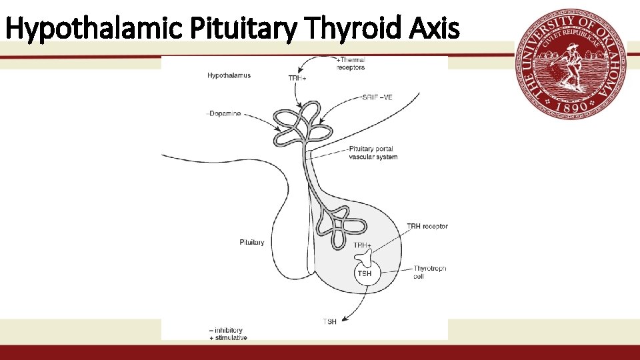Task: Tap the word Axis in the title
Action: (437, 28)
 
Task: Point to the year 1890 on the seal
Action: (571, 106)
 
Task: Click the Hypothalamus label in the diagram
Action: (229, 75)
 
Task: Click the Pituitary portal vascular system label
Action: (373, 153)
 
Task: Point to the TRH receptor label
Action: (427, 227)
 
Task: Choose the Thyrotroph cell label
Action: (429, 272)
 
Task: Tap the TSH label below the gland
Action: (329, 323)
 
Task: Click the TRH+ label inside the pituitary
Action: (363, 245)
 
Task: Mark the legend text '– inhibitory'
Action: (225, 330)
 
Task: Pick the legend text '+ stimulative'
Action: (227, 338)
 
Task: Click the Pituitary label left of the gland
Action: (252, 242)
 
